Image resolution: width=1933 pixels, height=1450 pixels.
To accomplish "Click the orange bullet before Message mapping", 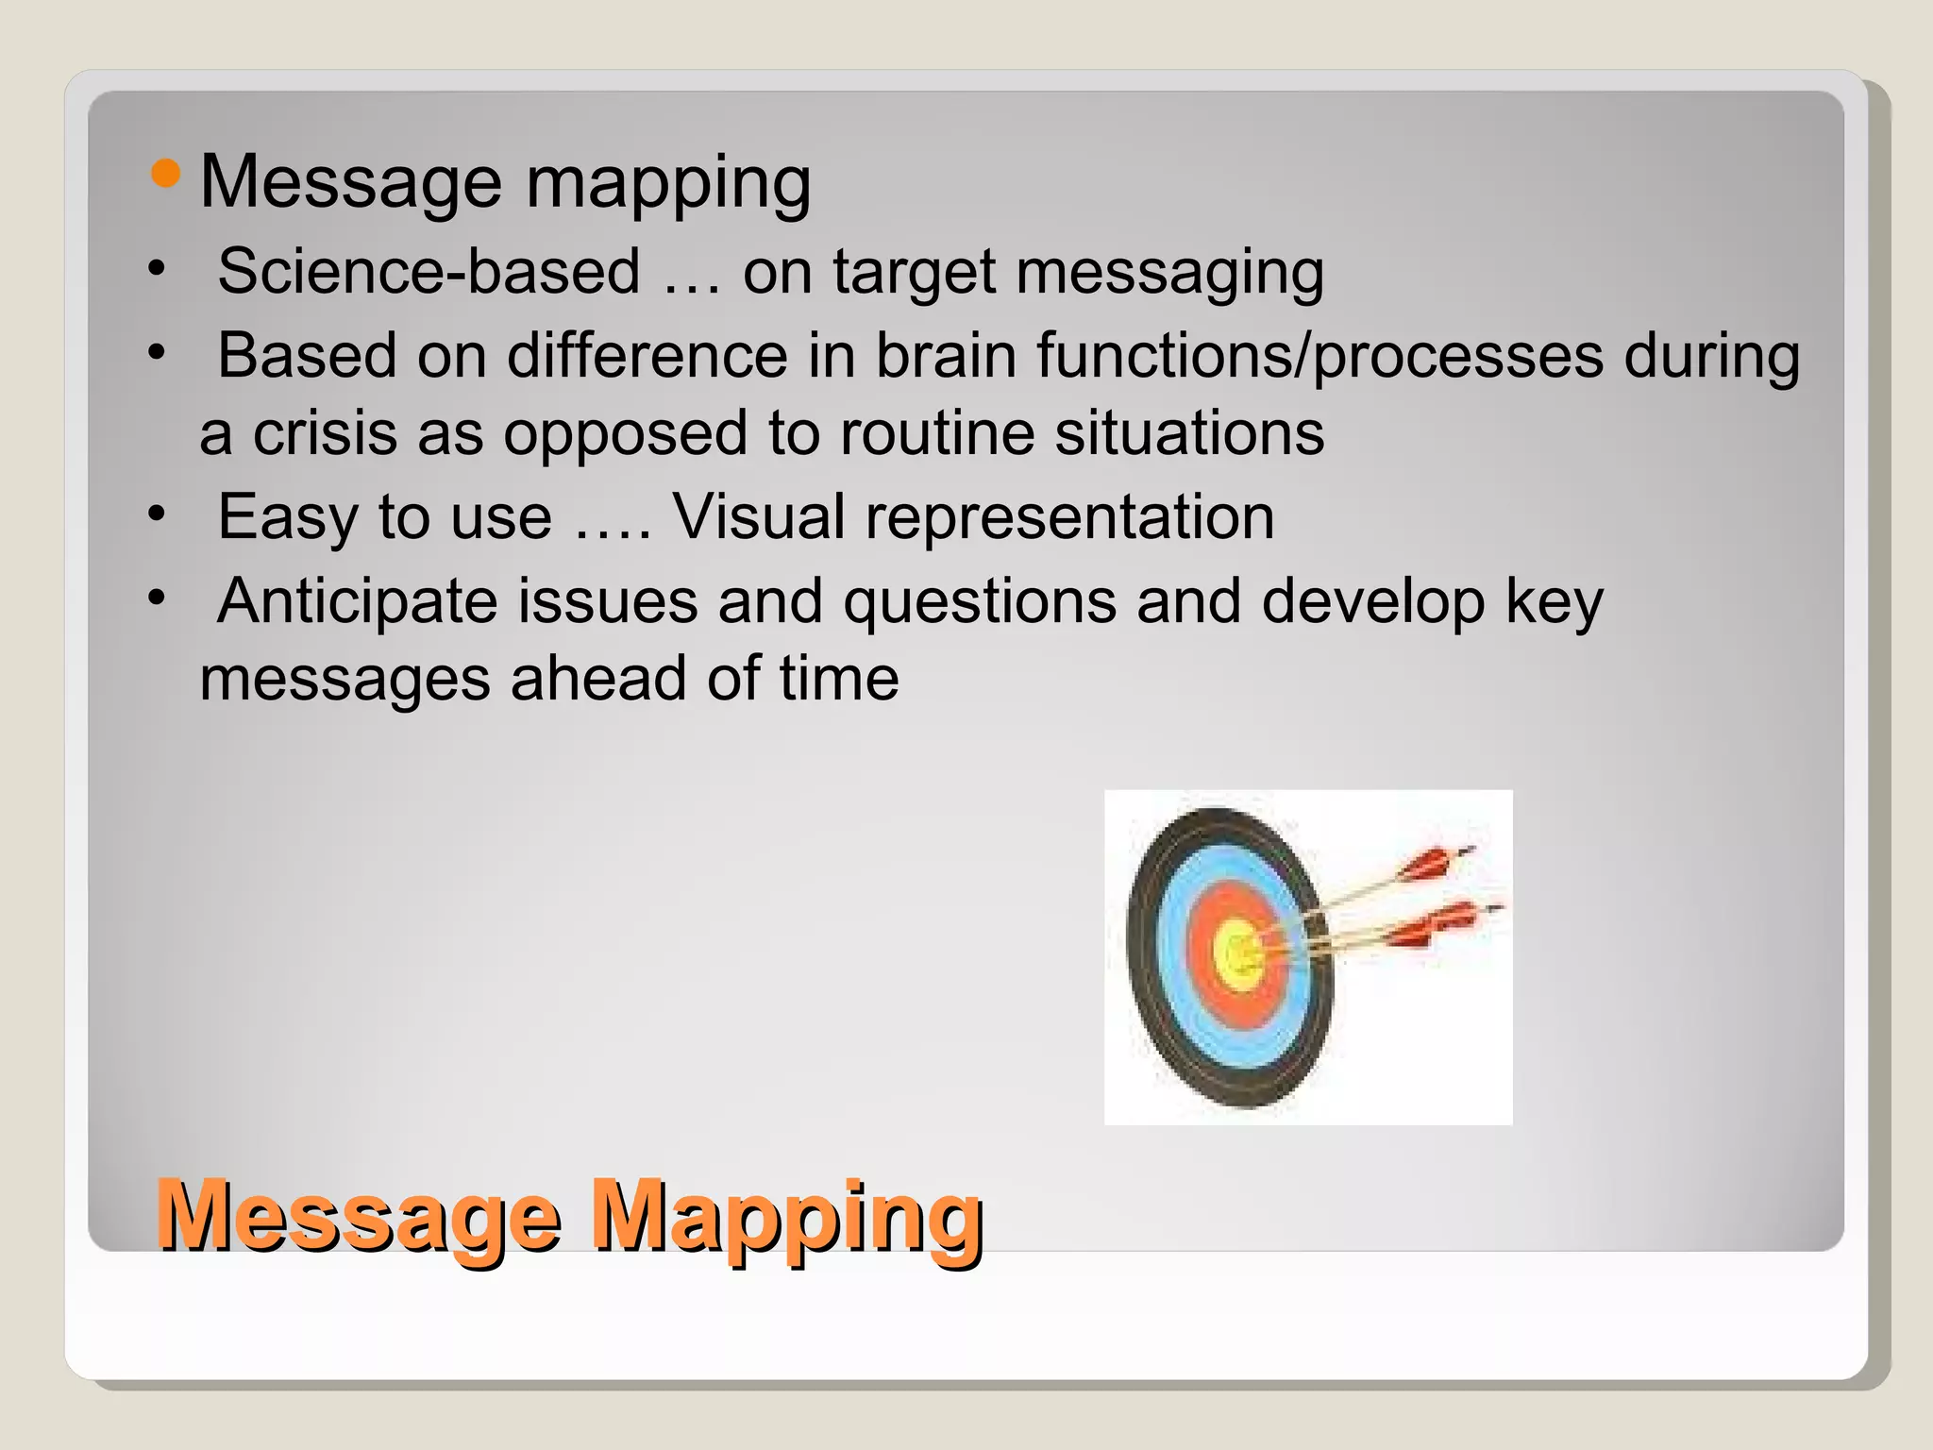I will [x=165, y=173].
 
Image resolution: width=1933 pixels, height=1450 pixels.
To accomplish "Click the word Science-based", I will [x=429, y=272].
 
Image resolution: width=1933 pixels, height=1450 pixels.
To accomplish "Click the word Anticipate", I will [x=357, y=601].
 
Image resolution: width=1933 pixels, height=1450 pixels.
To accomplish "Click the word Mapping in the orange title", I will [x=786, y=1218].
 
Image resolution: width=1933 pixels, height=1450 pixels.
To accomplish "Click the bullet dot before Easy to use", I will [x=157, y=515].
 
